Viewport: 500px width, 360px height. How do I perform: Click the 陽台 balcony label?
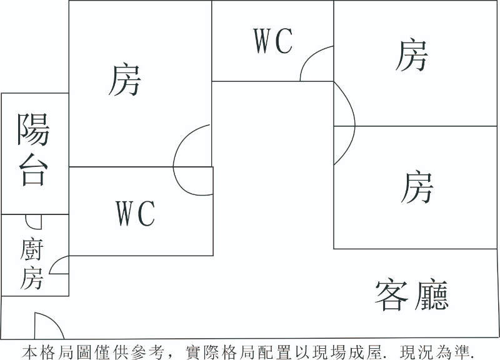[33, 150]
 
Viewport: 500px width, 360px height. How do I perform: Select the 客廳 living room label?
[412, 296]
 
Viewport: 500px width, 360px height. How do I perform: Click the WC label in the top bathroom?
[273, 41]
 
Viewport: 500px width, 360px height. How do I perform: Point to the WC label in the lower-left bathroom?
[136, 214]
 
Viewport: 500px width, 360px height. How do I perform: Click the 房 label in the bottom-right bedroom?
[416, 187]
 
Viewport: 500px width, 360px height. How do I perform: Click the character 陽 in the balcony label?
[33, 129]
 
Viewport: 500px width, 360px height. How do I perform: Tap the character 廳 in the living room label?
[431, 296]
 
